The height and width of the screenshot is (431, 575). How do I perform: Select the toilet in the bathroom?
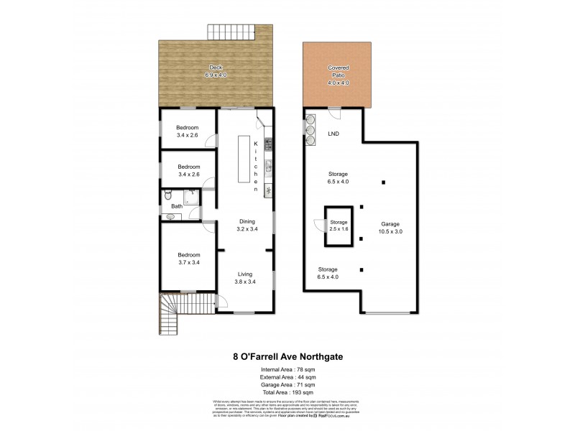tap(167, 195)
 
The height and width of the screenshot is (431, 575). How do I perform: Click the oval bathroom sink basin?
tap(170, 215)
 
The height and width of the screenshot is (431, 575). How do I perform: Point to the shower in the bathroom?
tap(190, 196)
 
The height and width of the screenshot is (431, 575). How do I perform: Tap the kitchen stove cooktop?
tap(267, 189)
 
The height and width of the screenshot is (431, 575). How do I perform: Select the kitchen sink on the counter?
tap(267, 167)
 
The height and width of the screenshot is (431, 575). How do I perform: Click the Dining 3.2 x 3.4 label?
tap(247, 225)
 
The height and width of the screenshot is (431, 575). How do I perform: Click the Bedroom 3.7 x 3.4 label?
tap(188, 258)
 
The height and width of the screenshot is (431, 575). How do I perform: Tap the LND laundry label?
tap(333, 134)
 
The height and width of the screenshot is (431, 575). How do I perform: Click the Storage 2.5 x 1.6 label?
tap(338, 226)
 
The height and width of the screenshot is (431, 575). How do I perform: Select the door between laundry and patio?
tap(335, 109)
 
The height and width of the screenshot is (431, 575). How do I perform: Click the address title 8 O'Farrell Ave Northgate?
tap(287, 354)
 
